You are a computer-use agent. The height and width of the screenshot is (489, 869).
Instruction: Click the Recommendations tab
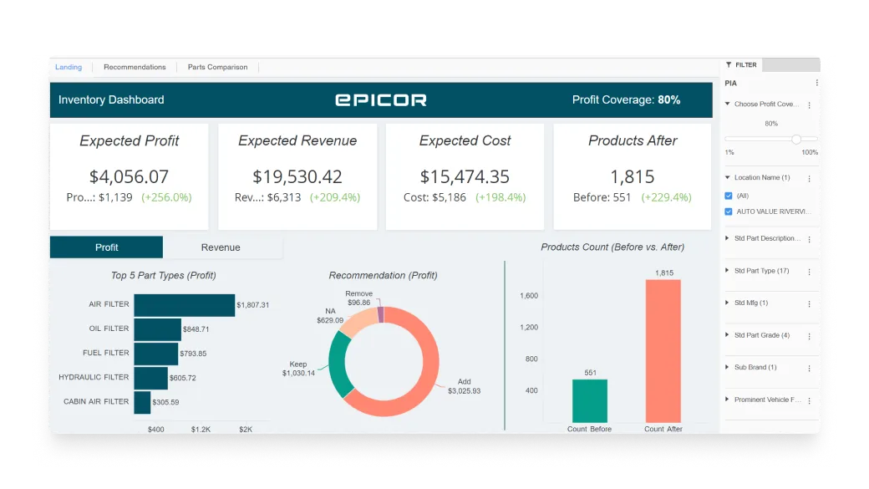[135, 67]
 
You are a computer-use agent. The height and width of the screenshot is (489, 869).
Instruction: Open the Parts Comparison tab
[217, 67]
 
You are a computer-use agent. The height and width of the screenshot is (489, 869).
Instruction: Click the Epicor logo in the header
[381, 99]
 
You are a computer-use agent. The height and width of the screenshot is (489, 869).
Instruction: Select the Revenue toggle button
[221, 247]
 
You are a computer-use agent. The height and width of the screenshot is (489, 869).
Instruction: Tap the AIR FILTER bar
[184, 305]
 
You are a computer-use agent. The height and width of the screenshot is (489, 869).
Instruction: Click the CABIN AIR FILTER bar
[142, 402]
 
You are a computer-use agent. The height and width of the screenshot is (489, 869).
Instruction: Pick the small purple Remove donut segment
[381, 314]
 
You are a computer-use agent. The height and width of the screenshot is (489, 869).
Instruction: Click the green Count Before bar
[590, 401]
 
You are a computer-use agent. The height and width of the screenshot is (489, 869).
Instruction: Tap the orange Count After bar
[663, 351]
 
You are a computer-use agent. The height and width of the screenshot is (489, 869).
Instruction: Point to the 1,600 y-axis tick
[528, 296]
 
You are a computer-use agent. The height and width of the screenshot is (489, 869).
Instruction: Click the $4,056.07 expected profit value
[129, 176]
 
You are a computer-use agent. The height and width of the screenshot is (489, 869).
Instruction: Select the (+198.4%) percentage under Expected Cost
[501, 198]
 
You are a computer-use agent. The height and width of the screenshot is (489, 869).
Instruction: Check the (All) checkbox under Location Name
[729, 196]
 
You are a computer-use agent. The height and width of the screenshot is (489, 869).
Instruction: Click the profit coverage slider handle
[796, 140]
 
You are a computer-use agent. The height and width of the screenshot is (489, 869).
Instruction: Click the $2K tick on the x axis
[246, 429]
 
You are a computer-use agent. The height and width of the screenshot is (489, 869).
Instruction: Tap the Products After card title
[633, 140]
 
